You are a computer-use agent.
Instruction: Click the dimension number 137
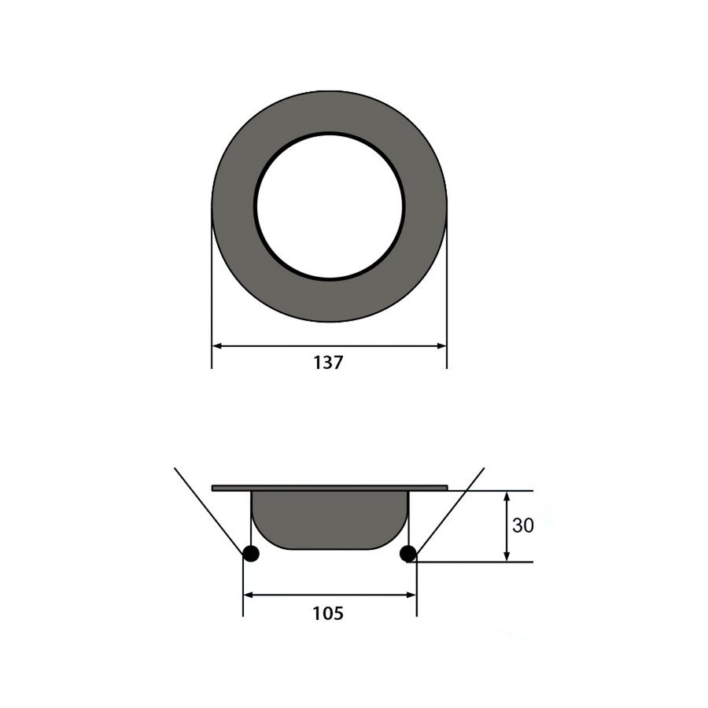329,363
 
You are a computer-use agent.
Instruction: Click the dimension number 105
329,613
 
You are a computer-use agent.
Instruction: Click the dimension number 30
522,525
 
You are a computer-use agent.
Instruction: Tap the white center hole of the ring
329,206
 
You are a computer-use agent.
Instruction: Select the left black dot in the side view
250,554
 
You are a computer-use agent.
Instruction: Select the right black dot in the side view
407,554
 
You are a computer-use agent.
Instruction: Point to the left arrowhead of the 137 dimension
218,345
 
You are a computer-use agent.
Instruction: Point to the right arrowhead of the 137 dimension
441,345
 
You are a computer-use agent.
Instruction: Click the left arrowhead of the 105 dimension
249,595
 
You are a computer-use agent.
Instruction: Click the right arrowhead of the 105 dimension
411,595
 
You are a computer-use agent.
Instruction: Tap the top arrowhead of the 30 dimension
507,496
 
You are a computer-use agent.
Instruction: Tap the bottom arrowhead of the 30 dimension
507,556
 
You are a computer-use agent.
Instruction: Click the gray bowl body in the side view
330,519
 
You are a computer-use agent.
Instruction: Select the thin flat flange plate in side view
330,488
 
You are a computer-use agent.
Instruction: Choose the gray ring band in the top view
233,206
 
